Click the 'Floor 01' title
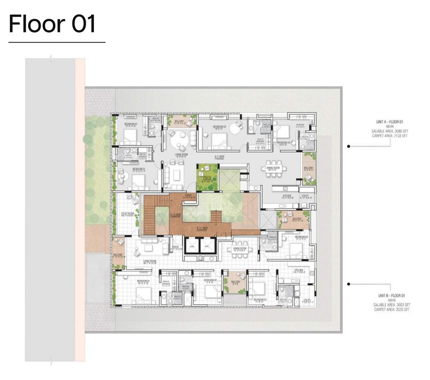pos(52,24)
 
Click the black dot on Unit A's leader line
pos(348,146)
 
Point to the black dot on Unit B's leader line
pos(348,284)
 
